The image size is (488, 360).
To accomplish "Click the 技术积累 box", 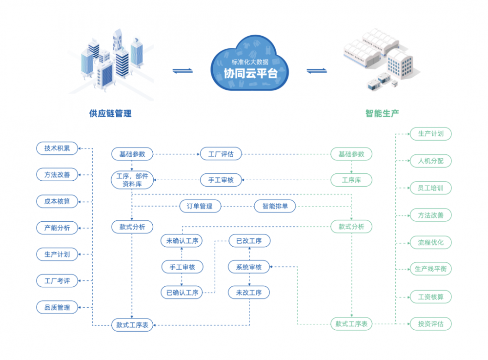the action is [57, 148].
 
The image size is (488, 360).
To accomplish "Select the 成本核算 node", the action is [57, 201].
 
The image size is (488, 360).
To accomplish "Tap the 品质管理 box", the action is [57, 307].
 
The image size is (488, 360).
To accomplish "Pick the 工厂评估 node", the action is [221, 154].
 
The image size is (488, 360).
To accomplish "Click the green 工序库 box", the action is [351, 180].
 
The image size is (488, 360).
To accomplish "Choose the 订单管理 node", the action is [200, 206].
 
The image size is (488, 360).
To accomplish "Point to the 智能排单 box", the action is [275, 206].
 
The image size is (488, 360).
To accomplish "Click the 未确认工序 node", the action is [182, 241].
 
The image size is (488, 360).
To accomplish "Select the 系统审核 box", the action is [249, 267].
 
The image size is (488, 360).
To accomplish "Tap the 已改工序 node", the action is [249, 241].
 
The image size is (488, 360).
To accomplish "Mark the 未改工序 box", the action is [249, 293].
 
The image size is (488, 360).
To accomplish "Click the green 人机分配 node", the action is [431, 161].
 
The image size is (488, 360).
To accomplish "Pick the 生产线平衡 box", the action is [431, 269].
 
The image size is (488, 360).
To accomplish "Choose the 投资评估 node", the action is [431, 324].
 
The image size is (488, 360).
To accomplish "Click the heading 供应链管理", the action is [110, 114].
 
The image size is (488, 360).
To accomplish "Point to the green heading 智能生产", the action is [382, 114].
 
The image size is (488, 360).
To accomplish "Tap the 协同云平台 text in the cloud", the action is [250, 73].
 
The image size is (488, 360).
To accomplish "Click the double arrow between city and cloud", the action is [183, 71].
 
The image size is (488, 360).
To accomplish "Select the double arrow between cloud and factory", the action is [317, 71].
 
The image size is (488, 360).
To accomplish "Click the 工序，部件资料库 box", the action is [132, 180].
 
